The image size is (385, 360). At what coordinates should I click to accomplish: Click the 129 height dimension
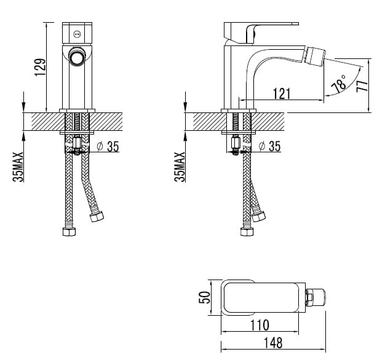[x=40, y=67]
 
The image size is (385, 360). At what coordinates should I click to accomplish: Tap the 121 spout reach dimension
[x=282, y=93]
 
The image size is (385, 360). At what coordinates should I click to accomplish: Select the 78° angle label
[x=339, y=84]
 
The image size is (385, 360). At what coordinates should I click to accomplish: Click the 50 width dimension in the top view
[x=205, y=297]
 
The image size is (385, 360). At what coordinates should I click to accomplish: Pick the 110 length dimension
[x=260, y=325]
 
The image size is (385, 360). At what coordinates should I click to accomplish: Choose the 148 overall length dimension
[x=273, y=343]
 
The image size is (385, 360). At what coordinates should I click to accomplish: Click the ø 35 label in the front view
[x=108, y=146]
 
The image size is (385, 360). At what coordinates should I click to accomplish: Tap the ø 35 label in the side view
[x=269, y=146]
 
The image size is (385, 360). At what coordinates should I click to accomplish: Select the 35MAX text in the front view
[x=18, y=166]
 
